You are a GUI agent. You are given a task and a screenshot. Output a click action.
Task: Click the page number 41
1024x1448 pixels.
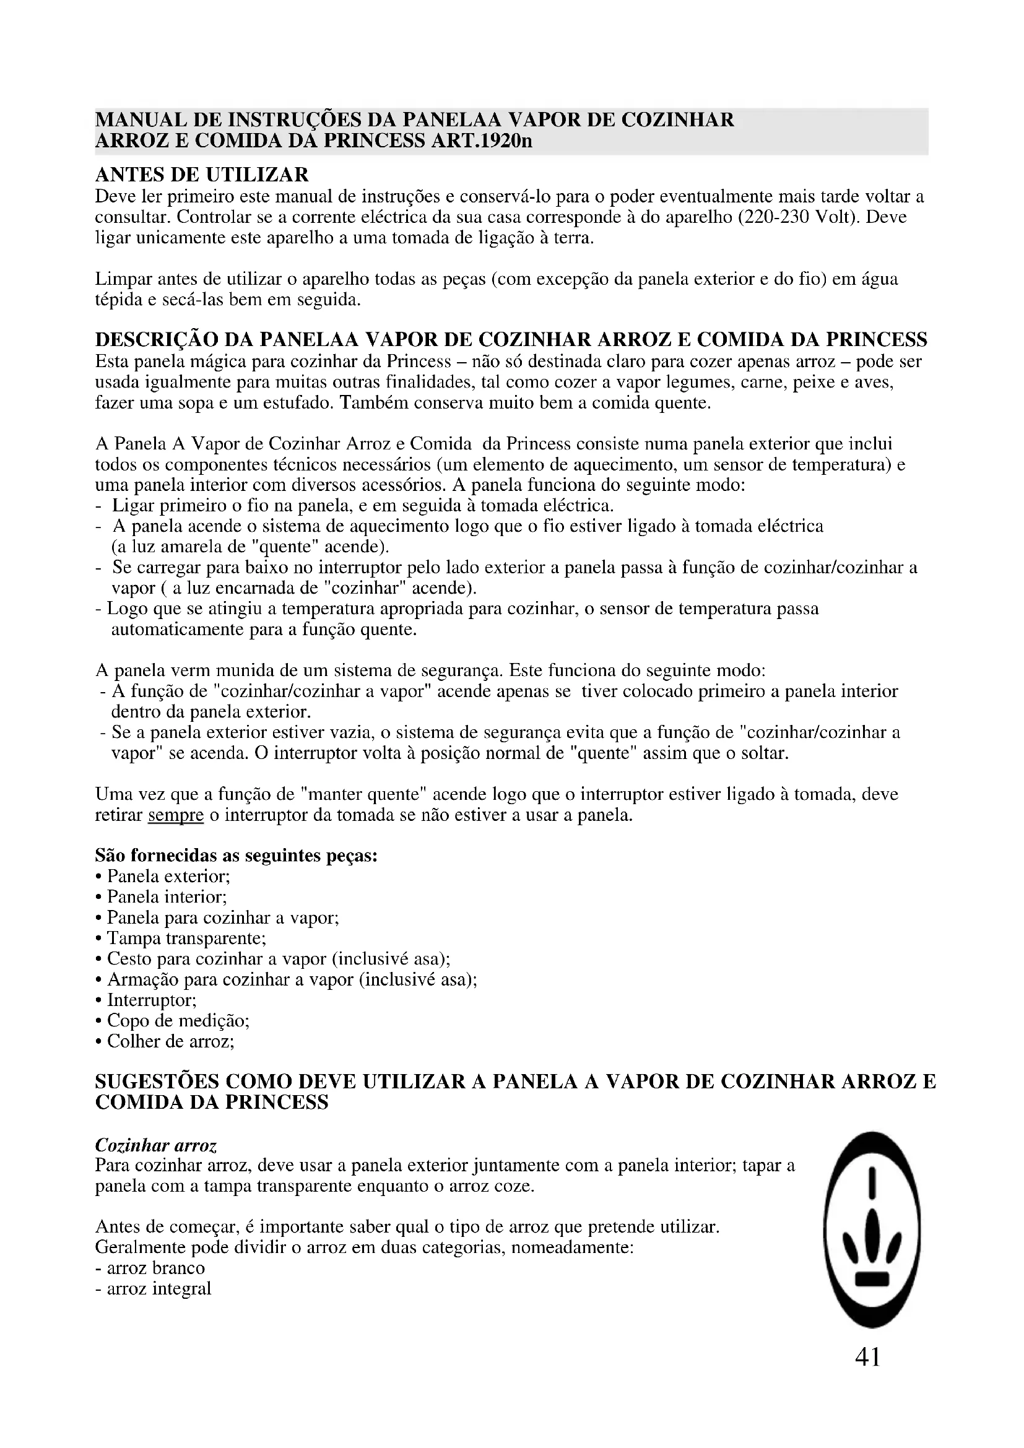[x=867, y=1356]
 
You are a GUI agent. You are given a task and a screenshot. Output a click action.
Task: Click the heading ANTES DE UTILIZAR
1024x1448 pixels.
[x=202, y=174]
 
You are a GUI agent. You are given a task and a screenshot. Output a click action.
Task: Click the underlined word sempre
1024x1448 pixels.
[x=175, y=815]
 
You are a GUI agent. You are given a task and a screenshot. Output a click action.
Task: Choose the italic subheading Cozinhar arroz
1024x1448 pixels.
[x=156, y=1145]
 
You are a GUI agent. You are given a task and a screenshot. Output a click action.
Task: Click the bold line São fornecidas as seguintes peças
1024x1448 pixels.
[x=236, y=855]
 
